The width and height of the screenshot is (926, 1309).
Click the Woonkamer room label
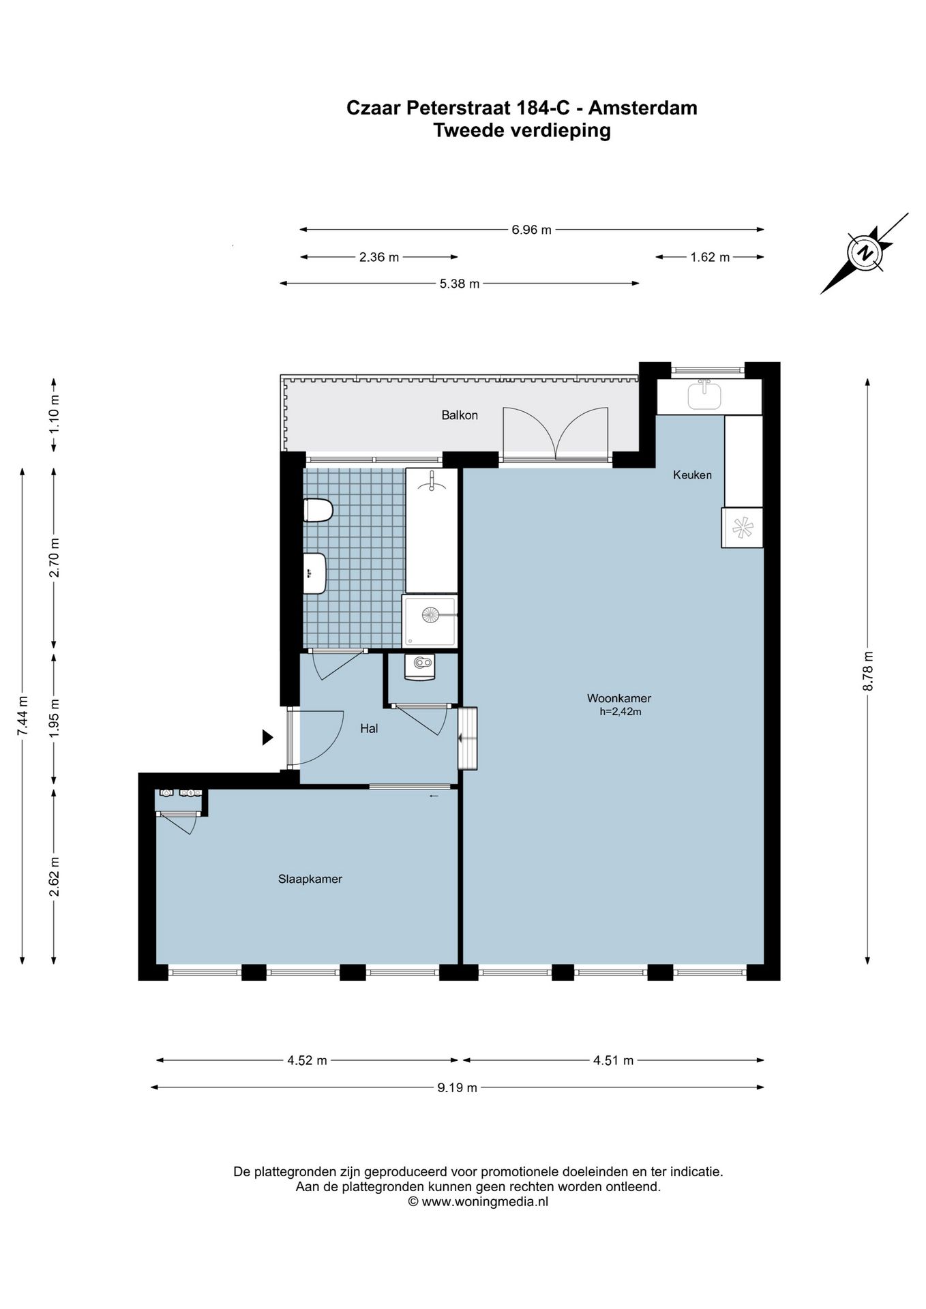pyautogui.click(x=618, y=698)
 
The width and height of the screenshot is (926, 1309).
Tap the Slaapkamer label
pyautogui.click(x=310, y=879)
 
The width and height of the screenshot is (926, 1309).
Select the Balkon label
pyautogui.click(x=459, y=415)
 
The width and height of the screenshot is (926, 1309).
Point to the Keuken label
pyautogui.click(x=692, y=475)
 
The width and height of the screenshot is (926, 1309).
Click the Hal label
pyautogui.click(x=369, y=729)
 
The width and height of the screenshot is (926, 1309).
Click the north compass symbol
pyautogui.click(x=865, y=253)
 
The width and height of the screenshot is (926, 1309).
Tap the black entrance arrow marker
pyautogui.click(x=268, y=737)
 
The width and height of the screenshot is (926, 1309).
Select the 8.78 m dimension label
pyautogui.click(x=867, y=672)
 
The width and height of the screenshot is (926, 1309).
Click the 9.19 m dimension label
pyautogui.click(x=457, y=1087)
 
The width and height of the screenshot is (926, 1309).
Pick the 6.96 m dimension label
pyautogui.click(x=531, y=230)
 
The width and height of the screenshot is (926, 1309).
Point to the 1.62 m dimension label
pyautogui.click(x=710, y=257)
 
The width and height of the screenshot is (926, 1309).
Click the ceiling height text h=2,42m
pyautogui.click(x=620, y=712)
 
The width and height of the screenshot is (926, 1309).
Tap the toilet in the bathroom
pyautogui.click(x=318, y=510)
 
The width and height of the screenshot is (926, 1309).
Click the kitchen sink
pyautogui.click(x=704, y=395)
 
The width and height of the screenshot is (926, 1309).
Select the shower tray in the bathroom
pyautogui.click(x=430, y=620)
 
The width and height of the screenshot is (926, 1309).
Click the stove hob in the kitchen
pyautogui.click(x=742, y=527)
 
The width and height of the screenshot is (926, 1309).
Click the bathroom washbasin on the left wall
pyautogui.click(x=315, y=573)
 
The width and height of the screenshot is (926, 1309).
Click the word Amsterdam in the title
pyautogui.click(x=643, y=108)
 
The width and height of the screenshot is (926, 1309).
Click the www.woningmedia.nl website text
pyautogui.click(x=485, y=1201)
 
